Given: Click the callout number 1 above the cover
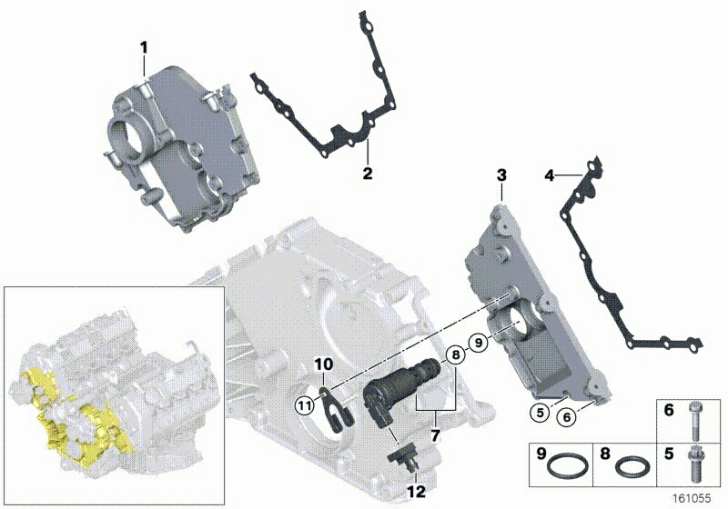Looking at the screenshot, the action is pos(144,47).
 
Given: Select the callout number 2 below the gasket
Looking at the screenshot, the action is pos(368,174).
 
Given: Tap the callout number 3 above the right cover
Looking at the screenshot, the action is pos(501,175).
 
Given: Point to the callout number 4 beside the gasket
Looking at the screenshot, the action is pos(550,175).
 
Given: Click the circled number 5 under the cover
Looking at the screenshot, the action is pos(540,413).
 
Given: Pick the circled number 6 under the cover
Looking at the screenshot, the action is pos(566,417).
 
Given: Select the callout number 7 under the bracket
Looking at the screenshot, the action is pos(435,435).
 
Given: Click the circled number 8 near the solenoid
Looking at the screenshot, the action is pos(456,355).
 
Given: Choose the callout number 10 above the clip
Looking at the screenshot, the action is pos(324,364).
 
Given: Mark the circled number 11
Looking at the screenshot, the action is pos(305,406).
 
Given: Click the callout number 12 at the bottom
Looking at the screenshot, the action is pos(416,492).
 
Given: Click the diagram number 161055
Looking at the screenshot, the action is pos(692,498).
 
